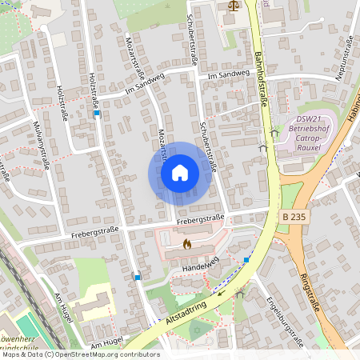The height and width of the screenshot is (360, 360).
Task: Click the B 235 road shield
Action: [294, 217]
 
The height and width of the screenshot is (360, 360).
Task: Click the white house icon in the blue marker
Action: [179, 171]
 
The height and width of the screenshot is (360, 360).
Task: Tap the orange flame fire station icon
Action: [187, 243]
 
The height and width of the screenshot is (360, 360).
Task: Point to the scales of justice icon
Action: [233, 5]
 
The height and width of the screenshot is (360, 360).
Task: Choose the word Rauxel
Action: [308, 147]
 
